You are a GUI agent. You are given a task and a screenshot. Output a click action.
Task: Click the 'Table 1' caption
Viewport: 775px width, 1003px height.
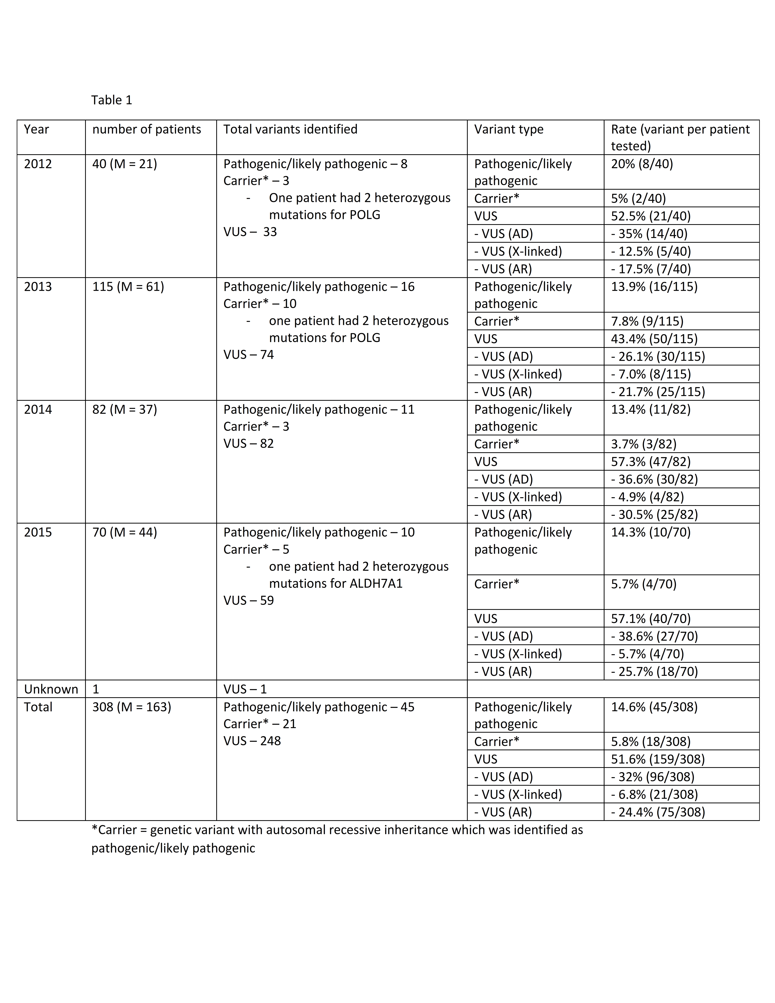coord(112,100)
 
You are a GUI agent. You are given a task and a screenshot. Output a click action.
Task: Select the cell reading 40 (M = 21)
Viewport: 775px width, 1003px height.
coord(124,164)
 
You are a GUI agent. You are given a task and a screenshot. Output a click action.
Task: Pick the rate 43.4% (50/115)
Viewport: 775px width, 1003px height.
coord(654,339)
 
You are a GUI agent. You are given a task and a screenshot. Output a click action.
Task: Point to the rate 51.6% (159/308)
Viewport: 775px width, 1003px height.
coord(658,759)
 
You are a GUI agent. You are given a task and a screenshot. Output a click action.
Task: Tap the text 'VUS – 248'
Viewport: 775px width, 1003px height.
coord(252,741)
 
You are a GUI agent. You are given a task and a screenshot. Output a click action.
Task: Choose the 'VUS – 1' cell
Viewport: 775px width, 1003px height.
coord(245,689)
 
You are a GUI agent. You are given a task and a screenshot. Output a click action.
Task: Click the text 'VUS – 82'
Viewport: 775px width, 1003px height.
coord(248,444)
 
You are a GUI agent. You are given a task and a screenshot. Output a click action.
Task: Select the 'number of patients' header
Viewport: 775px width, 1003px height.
coord(146,129)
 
